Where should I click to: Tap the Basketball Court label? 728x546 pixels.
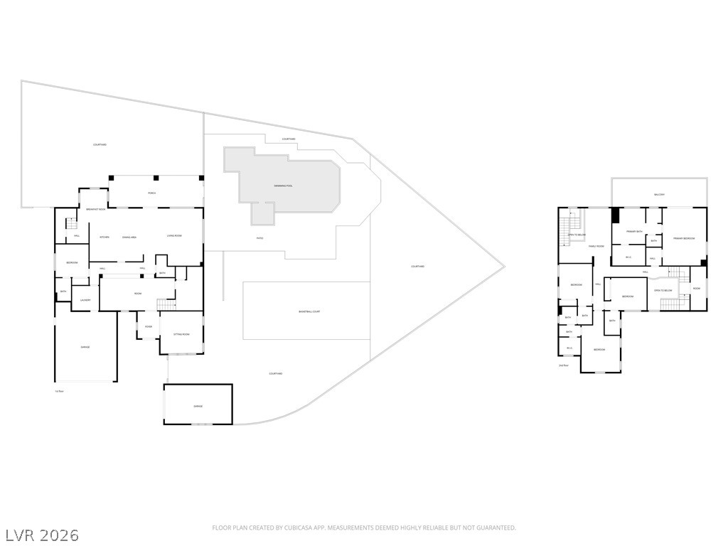coord(309,311)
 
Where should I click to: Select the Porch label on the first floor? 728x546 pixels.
coord(152,193)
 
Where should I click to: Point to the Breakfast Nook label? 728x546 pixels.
coord(96,210)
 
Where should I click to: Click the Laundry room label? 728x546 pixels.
coord(85,300)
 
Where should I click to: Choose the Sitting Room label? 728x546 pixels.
coord(181,334)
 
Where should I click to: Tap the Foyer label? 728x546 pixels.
coord(149,327)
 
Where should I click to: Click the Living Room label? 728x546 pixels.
coord(175,236)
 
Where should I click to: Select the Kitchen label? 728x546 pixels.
coord(104,237)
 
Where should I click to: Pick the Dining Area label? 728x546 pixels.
coord(129,237)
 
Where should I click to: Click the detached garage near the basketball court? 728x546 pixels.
coord(198,406)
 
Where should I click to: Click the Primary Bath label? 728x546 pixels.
coord(634,232)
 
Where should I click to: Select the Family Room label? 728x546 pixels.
coord(596,246)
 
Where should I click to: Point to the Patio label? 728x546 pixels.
coord(259,238)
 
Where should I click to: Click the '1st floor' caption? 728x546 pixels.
coord(60,391)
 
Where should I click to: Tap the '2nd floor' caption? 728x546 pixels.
coord(563,365)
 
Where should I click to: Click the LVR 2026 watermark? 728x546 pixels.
coord(42,535)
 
